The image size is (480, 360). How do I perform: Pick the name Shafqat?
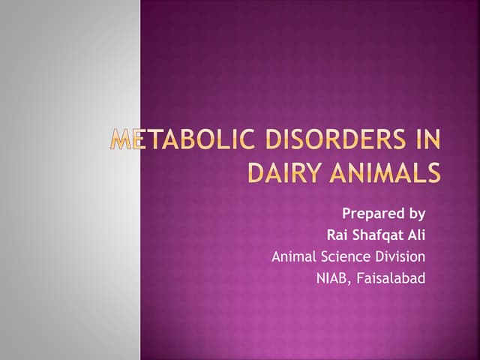[x=379, y=235]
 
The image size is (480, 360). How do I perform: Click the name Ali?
[x=415, y=235]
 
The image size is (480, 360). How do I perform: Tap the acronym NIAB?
[x=332, y=279]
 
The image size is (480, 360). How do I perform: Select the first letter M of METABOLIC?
[x=120, y=141]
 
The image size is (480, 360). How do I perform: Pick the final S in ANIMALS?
[x=433, y=172]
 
